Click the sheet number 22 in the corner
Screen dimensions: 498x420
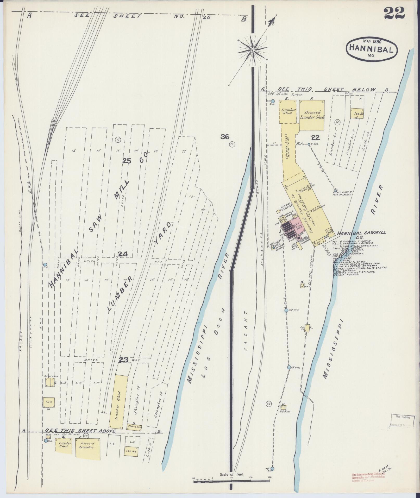point(394,13)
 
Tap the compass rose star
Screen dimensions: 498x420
point(252,49)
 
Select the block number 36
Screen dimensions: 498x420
point(224,136)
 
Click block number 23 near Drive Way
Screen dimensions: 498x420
point(123,360)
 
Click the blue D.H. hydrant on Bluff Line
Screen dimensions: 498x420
point(45,264)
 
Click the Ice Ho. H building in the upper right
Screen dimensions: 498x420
point(356,114)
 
